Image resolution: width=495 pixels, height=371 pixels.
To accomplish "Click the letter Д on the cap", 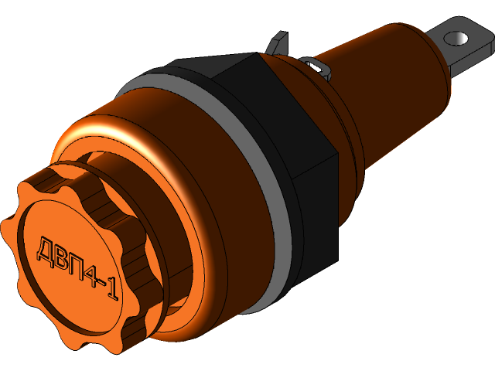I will tap(44, 248).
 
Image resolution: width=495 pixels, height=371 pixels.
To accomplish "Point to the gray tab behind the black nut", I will tap(280, 43).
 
